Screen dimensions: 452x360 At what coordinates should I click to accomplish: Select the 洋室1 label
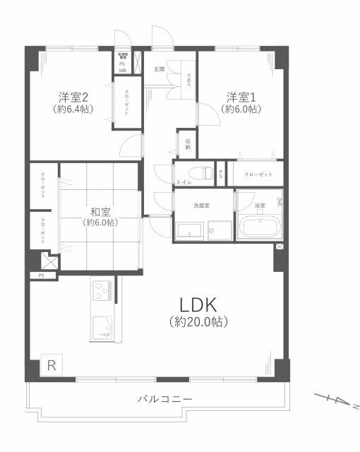[x=240, y=96]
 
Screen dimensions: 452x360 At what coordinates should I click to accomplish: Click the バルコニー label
[x=164, y=399]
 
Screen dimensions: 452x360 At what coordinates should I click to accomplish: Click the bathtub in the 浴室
[x=259, y=228]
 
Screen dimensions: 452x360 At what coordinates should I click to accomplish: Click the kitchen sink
[x=103, y=327]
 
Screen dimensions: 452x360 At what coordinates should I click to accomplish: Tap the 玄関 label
[x=159, y=69]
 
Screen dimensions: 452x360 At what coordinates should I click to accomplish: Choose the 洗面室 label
[x=202, y=206]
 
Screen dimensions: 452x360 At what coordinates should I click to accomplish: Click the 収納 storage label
[x=188, y=144]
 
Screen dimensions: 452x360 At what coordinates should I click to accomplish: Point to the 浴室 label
[x=260, y=206]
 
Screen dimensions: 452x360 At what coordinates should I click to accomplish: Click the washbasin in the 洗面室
[x=189, y=231]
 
